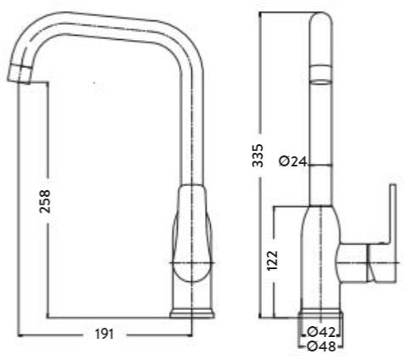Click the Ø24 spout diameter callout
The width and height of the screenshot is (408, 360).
click(x=292, y=162)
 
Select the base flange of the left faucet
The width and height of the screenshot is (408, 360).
click(x=193, y=312)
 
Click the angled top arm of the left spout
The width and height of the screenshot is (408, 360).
click(x=110, y=24)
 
